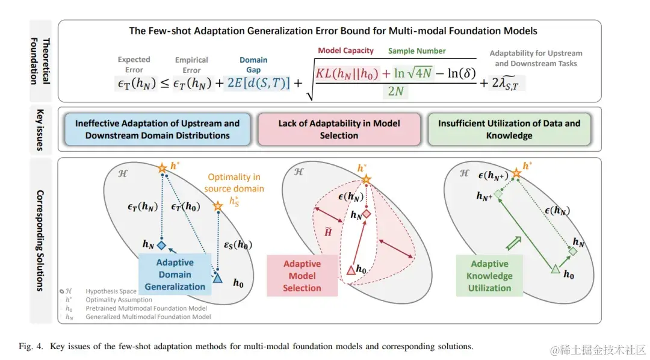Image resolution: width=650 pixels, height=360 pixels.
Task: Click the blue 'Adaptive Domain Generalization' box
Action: [x=175, y=275]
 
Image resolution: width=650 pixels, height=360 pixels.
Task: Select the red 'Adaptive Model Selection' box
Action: [x=302, y=276]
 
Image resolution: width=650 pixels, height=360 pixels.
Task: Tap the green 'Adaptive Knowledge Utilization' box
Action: [x=489, y=276]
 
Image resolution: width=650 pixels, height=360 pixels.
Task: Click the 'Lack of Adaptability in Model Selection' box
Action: [x=339, y=129]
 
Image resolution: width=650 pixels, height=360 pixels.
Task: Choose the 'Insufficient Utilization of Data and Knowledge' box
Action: [x=509, y=129]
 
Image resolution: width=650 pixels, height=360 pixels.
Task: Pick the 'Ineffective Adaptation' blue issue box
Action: [x=157, y=129]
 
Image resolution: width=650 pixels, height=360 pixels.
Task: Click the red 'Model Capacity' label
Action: [x=345, y=51]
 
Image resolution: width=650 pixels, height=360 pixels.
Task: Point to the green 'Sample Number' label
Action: [x=416, y=51]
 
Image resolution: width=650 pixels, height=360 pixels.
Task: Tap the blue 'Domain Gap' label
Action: [x=253, y=64]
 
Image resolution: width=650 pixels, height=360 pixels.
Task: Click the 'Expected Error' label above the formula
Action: [x=134, y=64]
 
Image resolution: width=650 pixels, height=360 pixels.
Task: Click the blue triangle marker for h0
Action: [x=217, y=277]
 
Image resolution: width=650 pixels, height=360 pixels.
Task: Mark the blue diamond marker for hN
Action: [x=161, y=245]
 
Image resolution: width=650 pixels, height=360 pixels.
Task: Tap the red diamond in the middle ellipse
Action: [x=366, y=214]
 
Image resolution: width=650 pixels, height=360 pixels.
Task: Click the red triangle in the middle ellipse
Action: [x=351, y=270]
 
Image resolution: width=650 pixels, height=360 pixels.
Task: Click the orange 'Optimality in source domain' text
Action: [x=234, y=182]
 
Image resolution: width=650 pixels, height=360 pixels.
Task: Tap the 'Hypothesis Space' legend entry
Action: [x=108, y=292]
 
